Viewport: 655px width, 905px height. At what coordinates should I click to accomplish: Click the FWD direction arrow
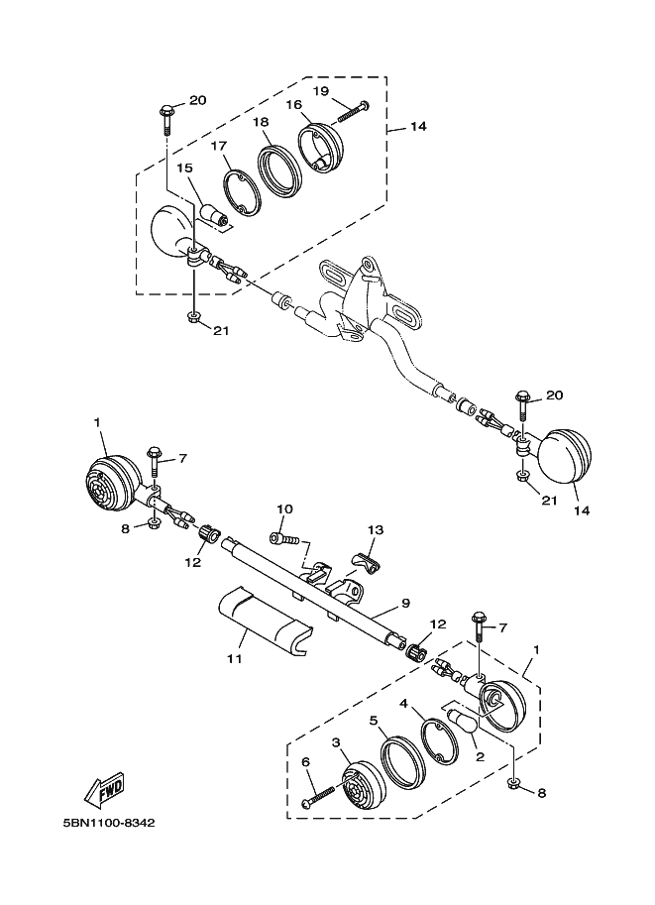click(x=104, y=789)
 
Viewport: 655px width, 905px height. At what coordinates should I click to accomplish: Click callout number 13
click(x=376, y=530)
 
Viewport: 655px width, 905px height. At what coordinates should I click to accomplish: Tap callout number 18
click(x=261, y=122)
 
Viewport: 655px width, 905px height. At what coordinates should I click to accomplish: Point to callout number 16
click(x=294, y=104)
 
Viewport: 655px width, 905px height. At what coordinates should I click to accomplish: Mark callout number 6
click(x=305, y=761)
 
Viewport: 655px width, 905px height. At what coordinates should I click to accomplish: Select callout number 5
click(x=374, y=721)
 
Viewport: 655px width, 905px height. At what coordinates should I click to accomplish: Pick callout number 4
click(x=404, y=703)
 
